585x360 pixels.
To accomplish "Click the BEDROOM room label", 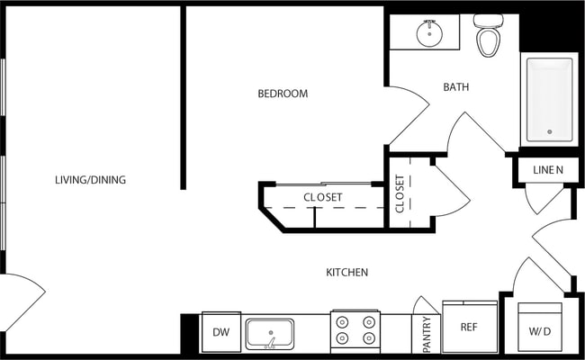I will [x=283, y=94].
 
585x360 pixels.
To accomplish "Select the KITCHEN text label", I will [x=346, y=272].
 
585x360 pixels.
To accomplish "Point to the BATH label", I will [x=456, y=87].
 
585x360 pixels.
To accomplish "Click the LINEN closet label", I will [x=547, y=170].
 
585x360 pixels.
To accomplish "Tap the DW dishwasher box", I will [x=220, y=331].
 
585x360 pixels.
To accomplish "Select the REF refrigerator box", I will [x=469, y=327].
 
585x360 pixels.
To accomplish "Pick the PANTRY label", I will [x=427, y=333].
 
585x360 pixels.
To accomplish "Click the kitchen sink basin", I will [x=270, y=333].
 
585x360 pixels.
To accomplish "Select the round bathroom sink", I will [x=430, y=34].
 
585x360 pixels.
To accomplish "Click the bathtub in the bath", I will [x=548, y=99].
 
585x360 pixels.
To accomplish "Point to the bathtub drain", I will [x=549, y=131].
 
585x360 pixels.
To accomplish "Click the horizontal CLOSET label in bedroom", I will [x=322, y=197].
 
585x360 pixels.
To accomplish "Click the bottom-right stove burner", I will [x=368, y=339].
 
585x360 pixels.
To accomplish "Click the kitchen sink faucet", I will [x=270, y=342].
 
